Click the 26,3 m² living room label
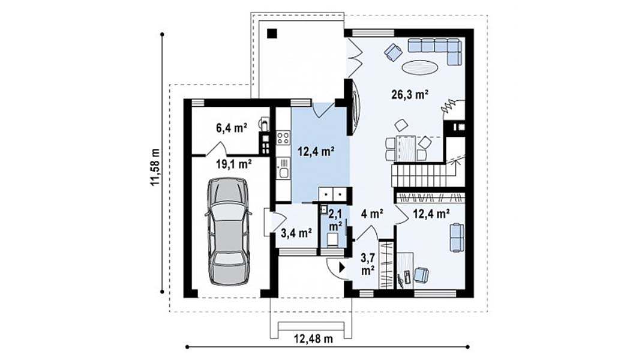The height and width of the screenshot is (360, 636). pyautogui.click(x=410, y=95)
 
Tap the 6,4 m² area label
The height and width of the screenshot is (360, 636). pyautogui.click(x=232, y=128)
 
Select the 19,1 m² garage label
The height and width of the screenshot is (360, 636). pyautogui.click(x=233, y=164)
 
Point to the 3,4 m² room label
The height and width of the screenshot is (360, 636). pyautogui.click(x=296, y=233)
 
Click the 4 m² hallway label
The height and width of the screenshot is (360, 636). pyautogui.click(x=372, y=213)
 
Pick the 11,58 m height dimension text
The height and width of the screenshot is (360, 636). pyautogui.click(x=156, y=167)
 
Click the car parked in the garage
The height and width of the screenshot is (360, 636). pyautogui.click(x=229, y=231)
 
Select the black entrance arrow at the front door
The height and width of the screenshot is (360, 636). pyautogui.click(x=343, y=268)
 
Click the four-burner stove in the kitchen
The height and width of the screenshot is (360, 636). pyautogui.click(x=283, y=137)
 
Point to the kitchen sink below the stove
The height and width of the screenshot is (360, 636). pyautogui.click(x=283, y=169)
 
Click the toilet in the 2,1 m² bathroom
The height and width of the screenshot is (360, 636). pyautogui.click(x=334, y=239)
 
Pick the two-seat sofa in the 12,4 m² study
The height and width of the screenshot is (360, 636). pyautogui.click(x=457, y=237)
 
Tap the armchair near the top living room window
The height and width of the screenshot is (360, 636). pyautogui.click(x=393, y=52)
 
